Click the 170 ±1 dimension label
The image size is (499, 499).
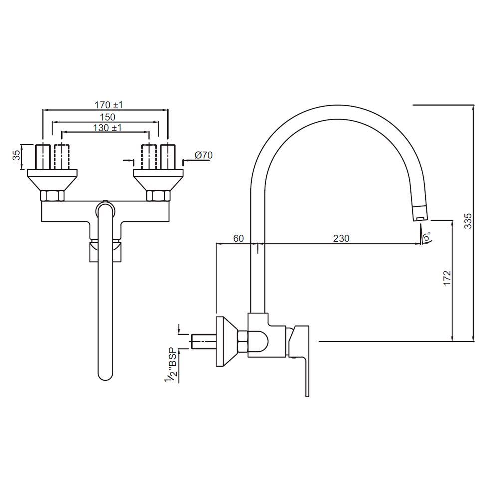click(108, 105)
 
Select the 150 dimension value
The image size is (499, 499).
click(107, 117)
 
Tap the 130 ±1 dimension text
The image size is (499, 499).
click(108, 128)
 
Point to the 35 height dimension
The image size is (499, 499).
click(17, 156)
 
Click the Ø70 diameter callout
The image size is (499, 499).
click(204, 155)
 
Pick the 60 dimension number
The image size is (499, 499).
click(239, 239)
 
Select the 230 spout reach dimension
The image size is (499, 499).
click(341, 239)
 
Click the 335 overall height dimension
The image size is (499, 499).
click(468, 221)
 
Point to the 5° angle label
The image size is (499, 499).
click(426, 236)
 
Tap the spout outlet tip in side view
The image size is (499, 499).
click(420, 214)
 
